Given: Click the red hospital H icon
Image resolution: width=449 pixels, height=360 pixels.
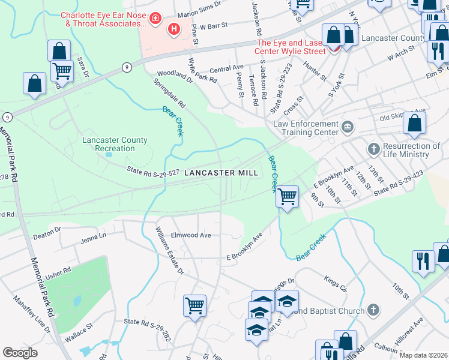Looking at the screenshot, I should [175, 28].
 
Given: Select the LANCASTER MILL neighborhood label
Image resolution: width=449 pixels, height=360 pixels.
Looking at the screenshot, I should [221, 173].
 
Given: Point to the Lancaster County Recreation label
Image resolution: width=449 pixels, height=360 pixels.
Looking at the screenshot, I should [115, 144].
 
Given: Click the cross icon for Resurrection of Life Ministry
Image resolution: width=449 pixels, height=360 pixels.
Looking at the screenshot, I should [373, 148].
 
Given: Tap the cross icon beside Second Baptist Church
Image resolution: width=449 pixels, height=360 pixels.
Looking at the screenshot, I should [373, 310].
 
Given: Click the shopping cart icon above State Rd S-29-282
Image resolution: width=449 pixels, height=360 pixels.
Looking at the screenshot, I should [194, 305].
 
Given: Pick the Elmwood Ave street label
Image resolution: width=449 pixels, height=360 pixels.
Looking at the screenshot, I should [191, 235].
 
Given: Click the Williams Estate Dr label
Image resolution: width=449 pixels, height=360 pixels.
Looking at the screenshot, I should [169, 251].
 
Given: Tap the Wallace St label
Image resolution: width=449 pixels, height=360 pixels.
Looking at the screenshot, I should [79, 334].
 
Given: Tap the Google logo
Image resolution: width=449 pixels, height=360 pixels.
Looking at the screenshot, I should [20, 353].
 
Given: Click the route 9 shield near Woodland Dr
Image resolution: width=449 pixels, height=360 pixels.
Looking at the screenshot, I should [127, 67].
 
